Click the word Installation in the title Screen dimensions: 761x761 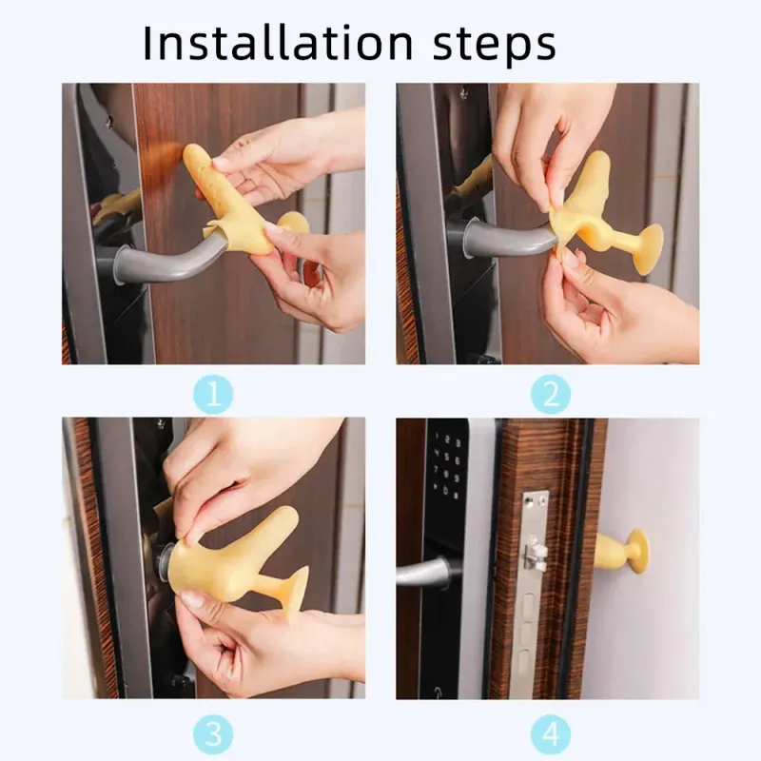click(278, 43)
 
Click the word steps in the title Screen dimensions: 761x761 click(494, 46)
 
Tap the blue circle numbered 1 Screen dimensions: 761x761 click(213, 394)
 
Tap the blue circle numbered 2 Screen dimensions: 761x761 click(551, 394)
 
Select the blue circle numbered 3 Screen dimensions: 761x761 click(213, 733)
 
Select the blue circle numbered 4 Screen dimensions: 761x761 click(551, 733)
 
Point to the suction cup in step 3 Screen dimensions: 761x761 click(295, 594)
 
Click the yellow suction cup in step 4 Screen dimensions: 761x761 click(637, 552)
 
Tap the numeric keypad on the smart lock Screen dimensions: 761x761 click(447, 466)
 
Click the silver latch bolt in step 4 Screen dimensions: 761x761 click(535, 554)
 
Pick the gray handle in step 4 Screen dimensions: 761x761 click(423, 573)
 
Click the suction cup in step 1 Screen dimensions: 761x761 click(293, 224)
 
